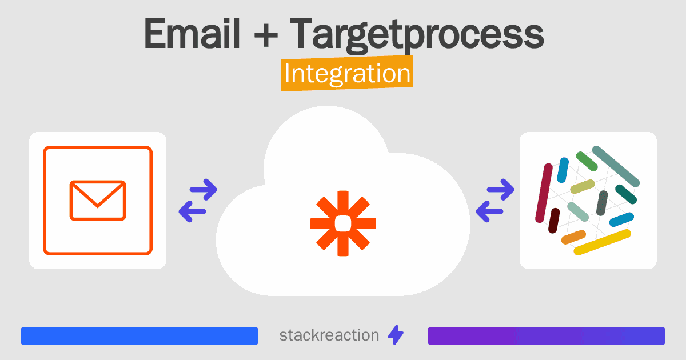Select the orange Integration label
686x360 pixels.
(347, 74)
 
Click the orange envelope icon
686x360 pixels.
(98, 201)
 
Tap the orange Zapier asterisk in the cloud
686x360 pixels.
(342, 223)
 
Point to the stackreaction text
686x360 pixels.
(329, 335)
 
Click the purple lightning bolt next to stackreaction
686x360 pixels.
(396, 335)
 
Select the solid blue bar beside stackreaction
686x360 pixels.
(139, 336)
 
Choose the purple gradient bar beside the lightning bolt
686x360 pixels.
(546, 336)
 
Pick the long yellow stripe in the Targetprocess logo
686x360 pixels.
(602, 242)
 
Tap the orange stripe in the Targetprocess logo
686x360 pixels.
(573, 237)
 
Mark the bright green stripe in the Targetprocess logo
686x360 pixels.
(587, 161)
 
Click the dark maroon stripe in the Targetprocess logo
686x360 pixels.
(553, 221)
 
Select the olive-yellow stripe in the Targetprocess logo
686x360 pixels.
(583, 186)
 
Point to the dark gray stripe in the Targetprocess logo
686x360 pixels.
(602, 202)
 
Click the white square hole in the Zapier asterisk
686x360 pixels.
(342, 223)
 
